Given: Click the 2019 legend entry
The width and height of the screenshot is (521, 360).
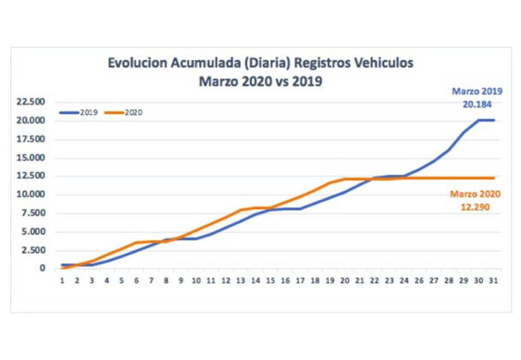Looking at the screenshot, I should (84, 112).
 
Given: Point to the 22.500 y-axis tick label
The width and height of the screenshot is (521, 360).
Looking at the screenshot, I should (32, 101).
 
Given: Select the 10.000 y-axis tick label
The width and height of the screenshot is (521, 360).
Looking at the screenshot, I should (32, 195).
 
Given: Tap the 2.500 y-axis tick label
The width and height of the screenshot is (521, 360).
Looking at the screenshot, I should (34, 250).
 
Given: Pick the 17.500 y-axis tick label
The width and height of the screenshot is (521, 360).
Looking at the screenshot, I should (32, 139).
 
